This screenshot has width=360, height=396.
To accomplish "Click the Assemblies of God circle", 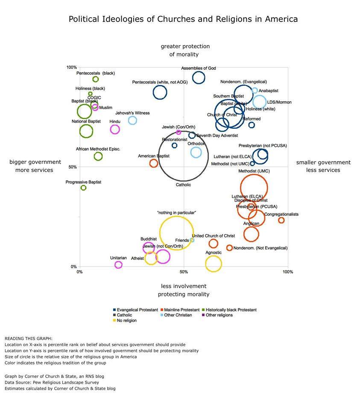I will [198, 78].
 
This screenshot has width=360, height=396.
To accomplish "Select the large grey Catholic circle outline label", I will [183, 185].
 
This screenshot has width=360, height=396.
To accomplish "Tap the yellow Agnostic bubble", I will [214, 263].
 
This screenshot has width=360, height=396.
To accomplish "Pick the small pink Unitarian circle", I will [118, 265].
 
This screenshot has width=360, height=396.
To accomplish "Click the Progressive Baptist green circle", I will [84, 188].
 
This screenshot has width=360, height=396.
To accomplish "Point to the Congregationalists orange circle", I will [281, 220].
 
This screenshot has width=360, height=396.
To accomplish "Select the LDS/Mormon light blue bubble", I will [259, 102].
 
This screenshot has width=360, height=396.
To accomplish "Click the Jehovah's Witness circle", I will [132, 120].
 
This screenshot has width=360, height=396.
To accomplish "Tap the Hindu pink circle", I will [114, 129].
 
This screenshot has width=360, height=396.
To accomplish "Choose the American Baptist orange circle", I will [154, 163].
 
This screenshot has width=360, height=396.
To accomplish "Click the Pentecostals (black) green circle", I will [96, 79].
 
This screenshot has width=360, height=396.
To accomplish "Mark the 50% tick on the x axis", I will [183, 272].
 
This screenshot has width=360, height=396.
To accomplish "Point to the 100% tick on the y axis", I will [72, 67].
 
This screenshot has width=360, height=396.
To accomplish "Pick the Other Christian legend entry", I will [179, 315].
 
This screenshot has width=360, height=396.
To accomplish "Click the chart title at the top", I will [183, 19].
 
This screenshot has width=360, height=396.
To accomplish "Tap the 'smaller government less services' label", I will [323, 166].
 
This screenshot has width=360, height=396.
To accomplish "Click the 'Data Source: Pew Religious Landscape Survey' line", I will [52, 382].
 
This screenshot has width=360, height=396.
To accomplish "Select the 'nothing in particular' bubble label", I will [176, 212].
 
